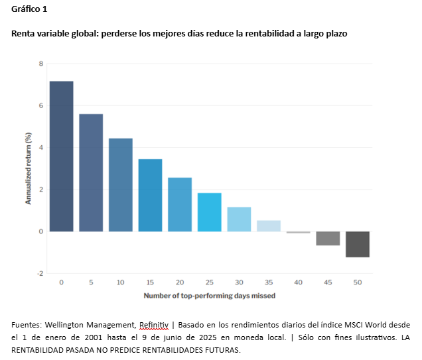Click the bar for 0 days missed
click(x=61, y=156)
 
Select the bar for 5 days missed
click(x=91, y=172)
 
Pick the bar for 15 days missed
click(x=150, y=195)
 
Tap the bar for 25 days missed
click(x=209, y=212)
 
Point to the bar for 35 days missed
click(x=269, y=225)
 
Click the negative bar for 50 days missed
click(x=358, y=244)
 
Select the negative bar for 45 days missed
click(x=328, y=238)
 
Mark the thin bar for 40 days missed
click(x=298, y=232)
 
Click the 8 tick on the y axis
click(x=41, y=64)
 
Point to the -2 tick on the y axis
click(x=40, y=273)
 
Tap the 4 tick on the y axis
click(x=41, y=148)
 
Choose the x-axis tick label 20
click(x=180, y=282)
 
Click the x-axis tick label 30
click(x=239, y=282)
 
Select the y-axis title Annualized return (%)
click(x=28, y=168)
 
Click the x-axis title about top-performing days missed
click(x=210, y=296)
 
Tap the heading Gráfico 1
click(x=29, y=9)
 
